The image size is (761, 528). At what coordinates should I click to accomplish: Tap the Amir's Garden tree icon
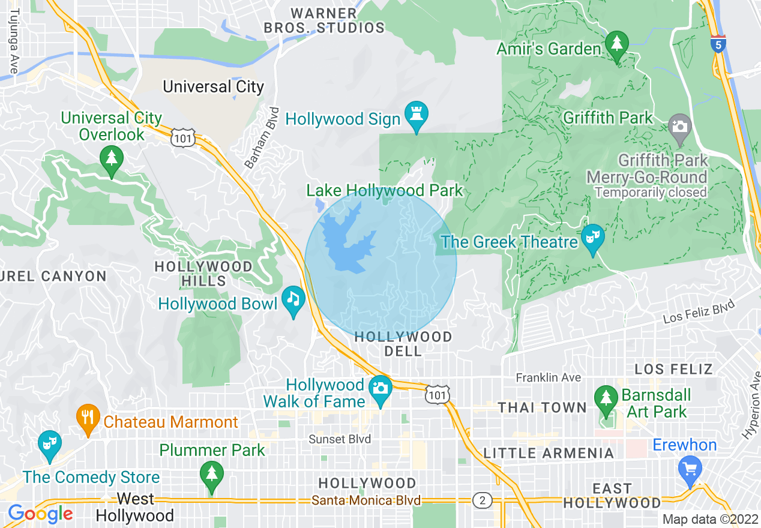pyautogui.click(x=616, y=44)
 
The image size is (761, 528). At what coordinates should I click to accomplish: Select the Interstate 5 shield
pyautogui.click(x=718, y=43)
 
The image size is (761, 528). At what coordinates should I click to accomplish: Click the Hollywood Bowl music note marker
pyautogui.click(x=293, y=298)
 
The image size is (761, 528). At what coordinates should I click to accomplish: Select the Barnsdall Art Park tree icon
pyautogui.click(x=606, y=397)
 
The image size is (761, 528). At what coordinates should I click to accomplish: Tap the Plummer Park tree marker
pyautogui.click(x=211, y=473)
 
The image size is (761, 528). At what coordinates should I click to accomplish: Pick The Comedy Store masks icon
pyautogui.click(x=49, y=443)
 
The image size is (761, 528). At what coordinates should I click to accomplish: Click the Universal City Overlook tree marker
pyautogui.click(x=112, y=157)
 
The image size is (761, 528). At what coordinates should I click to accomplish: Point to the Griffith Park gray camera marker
pyautogui.click(x=679, y=127)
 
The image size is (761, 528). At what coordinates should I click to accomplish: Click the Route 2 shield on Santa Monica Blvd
pyautogui.click(x=481, y=500)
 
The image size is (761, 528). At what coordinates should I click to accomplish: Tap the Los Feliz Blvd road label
pyautogui.click(x=699, y=313)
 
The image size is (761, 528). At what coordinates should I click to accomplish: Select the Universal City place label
pyautogui.click(x=214, y=86)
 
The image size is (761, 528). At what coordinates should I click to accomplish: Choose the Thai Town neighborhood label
pyautogui.click(x=542, y=407)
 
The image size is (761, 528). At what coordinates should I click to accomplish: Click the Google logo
pyautogui.click(x=40, y=514)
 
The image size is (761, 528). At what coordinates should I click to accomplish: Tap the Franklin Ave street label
pyautogui.click(x=549, y=377)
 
